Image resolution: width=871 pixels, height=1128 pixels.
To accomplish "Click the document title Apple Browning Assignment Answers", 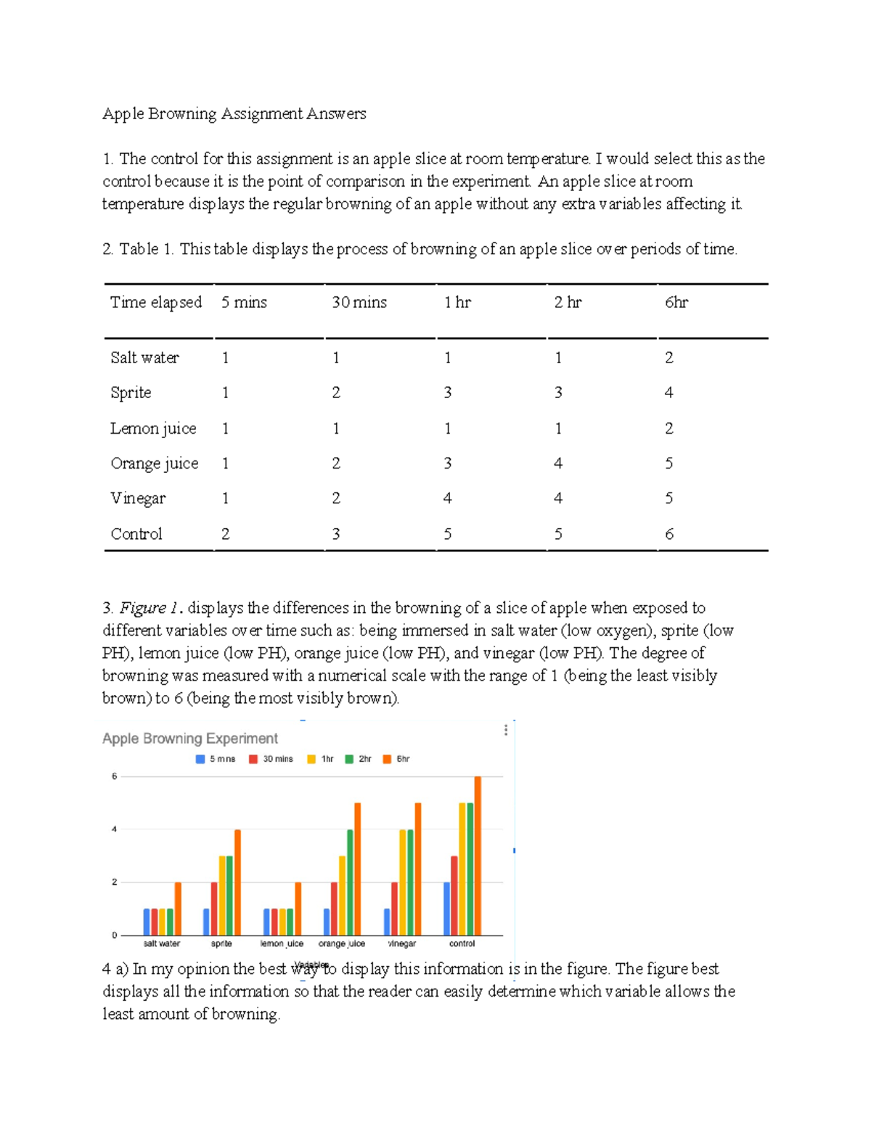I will point(234,114).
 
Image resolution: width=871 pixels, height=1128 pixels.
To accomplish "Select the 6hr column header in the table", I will point(676,302).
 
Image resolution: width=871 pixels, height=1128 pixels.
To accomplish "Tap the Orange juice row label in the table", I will point(154,463).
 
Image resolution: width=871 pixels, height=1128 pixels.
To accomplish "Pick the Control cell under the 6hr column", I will point(668,534).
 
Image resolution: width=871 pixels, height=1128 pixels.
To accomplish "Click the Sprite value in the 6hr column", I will point(668,393).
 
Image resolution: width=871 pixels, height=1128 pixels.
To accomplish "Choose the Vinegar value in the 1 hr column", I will point(447,498).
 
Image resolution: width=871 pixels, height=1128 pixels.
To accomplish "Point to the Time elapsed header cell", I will point(156,302).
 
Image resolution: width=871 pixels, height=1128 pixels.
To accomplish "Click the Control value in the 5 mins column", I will point(225,534).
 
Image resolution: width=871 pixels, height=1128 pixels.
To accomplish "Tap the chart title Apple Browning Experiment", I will point(190,739).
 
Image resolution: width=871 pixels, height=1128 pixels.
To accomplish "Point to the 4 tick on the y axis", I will point(114,829).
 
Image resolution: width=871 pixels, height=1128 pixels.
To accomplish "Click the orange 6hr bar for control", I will point(478,856).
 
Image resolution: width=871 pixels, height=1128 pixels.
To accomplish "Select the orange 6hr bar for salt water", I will point(178,909).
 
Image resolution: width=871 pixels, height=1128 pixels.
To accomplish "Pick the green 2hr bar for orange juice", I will point(350,882).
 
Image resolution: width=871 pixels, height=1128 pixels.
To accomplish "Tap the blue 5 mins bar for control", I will point(446,909).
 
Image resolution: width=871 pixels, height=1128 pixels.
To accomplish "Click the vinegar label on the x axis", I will point(401,944).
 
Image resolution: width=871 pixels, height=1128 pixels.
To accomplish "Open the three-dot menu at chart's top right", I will point(506,730).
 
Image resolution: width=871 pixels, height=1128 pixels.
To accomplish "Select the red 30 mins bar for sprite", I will point(214,909).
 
